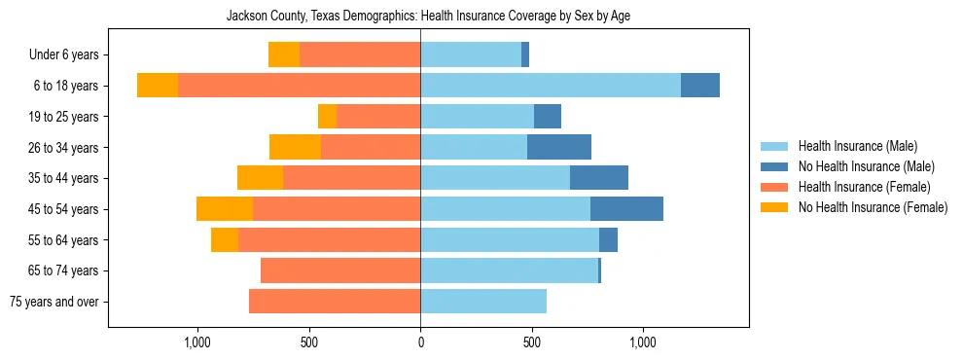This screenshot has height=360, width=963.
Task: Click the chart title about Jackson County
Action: pos(428,17)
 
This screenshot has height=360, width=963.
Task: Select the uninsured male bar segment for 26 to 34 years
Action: pos(559,147)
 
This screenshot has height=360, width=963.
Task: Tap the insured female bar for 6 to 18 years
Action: pos(299,86)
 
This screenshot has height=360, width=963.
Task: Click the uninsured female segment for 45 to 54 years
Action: pos(225,209)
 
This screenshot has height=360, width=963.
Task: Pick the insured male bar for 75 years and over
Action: pos(483,302)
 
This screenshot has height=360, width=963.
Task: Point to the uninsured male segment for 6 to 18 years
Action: pos(700,86)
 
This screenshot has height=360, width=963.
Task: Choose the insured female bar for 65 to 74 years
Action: pos(340,270)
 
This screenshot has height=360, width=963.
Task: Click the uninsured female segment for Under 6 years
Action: pos(284,54)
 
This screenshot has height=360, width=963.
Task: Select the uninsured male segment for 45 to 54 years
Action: pos(626,209)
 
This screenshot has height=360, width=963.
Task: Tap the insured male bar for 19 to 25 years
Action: pos(457,117)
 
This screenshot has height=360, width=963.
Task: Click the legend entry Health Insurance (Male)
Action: pos(857,146)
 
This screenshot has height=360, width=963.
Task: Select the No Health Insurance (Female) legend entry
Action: pos(873,207)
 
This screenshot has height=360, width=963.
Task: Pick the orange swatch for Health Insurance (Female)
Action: pos(775,187)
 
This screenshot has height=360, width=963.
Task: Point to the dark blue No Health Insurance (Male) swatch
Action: pos(775,166)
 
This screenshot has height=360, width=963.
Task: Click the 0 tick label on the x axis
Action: pos(420,342)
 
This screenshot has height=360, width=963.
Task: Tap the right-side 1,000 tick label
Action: pos(643,342)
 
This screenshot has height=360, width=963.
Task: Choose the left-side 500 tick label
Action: pos(309,342)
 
